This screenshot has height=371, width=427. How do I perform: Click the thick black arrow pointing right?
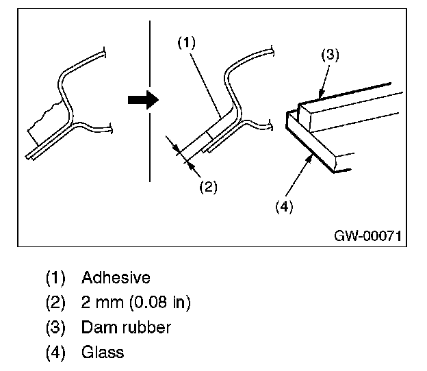(x=143, y=100)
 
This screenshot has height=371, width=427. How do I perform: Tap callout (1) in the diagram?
(x=187, y=42)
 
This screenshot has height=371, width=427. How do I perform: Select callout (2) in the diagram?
(x=208, y=187)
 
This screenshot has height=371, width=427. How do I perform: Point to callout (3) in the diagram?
(x=330, y=55)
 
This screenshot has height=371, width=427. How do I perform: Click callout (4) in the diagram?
(x=284, y=207)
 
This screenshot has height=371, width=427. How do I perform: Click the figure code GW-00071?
(x=367, y=235)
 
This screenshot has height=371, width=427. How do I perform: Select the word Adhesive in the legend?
(x=116, y=278)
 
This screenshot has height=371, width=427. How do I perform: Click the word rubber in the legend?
(x=146, y=327)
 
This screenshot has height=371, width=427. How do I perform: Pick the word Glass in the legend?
(x=103, y=352)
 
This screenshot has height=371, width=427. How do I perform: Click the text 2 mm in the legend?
(x=103, y=303)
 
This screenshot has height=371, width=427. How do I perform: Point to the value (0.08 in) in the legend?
(x=159, y=303)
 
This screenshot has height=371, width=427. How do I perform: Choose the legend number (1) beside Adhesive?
(x=55, y=278)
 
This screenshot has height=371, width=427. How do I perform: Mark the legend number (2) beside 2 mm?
(x=55, y=303)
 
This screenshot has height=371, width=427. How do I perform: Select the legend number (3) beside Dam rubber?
(x=55, y=327)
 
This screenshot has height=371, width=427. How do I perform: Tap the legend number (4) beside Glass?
(x=55, y=353)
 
